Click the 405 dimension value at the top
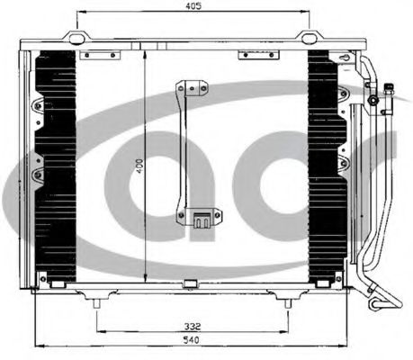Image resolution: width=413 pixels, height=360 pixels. coord(193,5)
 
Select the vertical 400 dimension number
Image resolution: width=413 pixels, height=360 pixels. coord(139,166)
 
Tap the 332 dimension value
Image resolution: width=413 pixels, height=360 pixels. coord(193,326)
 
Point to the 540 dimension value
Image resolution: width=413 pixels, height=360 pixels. coord(192,340)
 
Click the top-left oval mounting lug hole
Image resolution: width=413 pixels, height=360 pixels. coord(76,38)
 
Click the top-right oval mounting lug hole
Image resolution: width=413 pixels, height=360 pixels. coord(309,38)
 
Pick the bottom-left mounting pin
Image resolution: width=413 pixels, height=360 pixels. coord(96,303)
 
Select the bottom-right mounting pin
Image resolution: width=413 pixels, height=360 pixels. coord(288,303)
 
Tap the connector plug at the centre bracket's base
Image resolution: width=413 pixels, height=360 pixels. coord(202,220)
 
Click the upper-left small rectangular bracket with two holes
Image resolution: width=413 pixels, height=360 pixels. coord(100,55)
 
